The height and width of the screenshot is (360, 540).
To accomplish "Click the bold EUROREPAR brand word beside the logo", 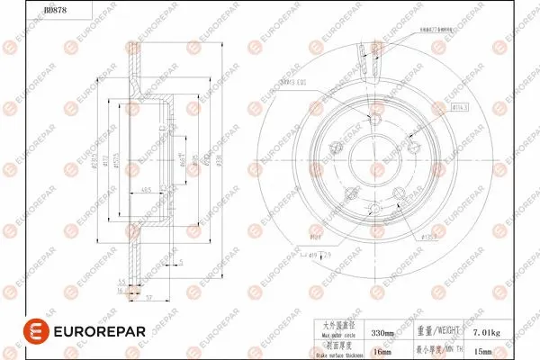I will [92, 331].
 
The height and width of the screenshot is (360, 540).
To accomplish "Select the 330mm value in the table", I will [383, 333].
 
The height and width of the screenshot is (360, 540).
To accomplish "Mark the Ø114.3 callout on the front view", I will [459, 106].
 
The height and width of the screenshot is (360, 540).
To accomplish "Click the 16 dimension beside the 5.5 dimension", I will [122, 291].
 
